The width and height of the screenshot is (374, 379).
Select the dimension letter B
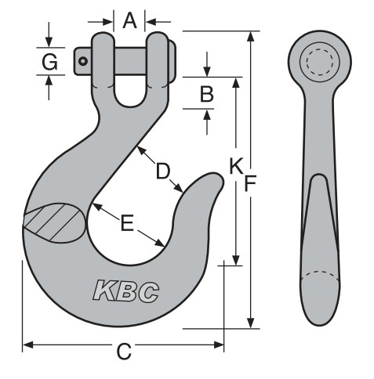(x=206, y=94)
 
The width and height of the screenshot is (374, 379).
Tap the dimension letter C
(x=123, y=352)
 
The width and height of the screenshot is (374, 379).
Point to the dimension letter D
(x=162, y=170)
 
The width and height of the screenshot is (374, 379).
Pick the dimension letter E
(x=126, y=224)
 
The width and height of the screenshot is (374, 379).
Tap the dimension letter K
(x=234, y=165)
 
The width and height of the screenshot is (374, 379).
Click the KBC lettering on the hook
(x=126, y=291)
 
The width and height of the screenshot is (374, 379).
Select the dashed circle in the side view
(x=320, y=61)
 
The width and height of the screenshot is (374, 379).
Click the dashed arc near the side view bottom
(x=320, y=276)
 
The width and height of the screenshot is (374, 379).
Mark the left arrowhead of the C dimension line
(x=27, y=343)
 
